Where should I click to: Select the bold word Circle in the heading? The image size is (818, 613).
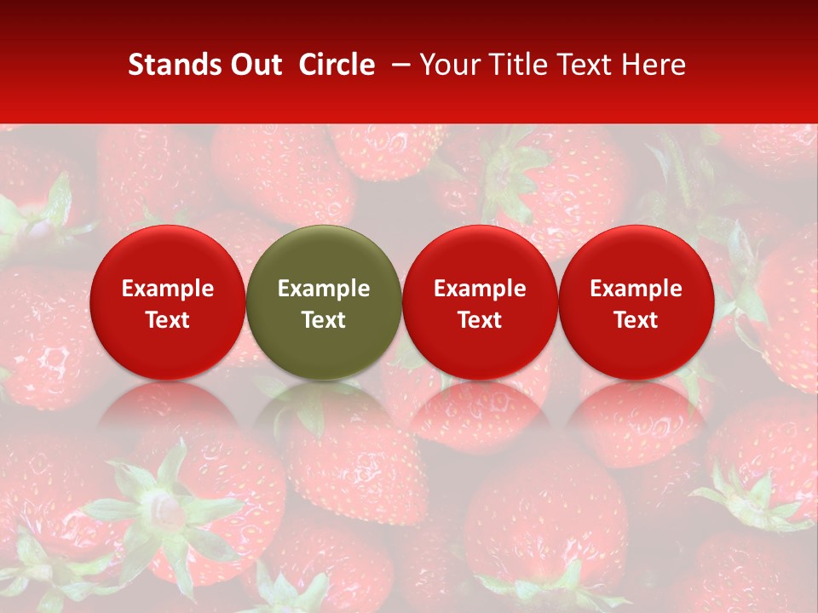click(337, 65)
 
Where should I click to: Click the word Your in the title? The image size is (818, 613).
click(446, 65)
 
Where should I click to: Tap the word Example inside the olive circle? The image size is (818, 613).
click(324, 289)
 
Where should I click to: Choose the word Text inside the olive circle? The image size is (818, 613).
click(324, 320)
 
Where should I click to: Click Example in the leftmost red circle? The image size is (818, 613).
click(167, 289)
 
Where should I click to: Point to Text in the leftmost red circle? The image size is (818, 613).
click(167, 320)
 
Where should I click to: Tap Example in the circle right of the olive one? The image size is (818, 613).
click(480, 289)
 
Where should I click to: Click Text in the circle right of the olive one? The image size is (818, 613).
click(480, 320)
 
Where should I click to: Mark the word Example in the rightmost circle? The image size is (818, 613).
click(636, 289)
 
